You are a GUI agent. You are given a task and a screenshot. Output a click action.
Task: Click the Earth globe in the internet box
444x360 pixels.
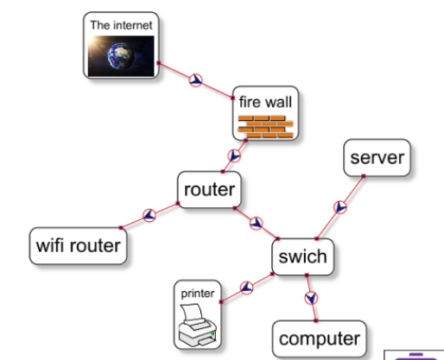(120, 56)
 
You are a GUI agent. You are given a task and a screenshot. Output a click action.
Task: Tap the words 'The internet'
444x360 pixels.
(121, 25)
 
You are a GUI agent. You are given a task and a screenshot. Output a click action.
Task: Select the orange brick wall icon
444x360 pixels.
(265, 126)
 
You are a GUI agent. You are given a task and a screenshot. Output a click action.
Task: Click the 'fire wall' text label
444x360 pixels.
(265, 102)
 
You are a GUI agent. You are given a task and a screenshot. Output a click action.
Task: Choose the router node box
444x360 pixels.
(209, 190)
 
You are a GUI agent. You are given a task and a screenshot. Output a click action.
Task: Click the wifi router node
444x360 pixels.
(78, 246)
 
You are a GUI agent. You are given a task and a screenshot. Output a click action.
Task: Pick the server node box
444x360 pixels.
(377, 158)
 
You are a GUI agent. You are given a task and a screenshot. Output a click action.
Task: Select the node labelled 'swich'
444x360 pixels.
(303, 256)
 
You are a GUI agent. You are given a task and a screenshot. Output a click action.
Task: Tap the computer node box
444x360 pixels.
(320, 338)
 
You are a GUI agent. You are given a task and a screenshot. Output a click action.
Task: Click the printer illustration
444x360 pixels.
(198, 325)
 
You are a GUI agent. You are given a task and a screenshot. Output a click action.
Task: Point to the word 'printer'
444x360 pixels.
(198, 294)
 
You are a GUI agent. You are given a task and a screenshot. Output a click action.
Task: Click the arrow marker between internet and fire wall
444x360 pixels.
(196, 80)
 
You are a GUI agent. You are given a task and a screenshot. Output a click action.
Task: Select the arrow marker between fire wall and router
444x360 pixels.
(234, 155)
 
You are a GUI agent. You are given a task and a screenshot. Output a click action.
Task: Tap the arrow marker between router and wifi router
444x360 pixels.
(149, 215)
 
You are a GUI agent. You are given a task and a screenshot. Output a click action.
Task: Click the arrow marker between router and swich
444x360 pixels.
(257, 224)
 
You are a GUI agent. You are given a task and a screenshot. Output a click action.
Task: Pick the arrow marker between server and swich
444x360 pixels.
(340, 207)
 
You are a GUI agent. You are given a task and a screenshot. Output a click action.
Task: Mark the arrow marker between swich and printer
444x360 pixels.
(246, 287)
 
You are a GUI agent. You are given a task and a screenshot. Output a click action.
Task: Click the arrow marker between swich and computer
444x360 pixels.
(311, 298)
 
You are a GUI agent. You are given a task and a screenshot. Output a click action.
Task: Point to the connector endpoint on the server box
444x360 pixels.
(364, 176)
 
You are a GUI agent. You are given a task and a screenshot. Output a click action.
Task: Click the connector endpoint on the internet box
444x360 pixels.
(159, 63)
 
